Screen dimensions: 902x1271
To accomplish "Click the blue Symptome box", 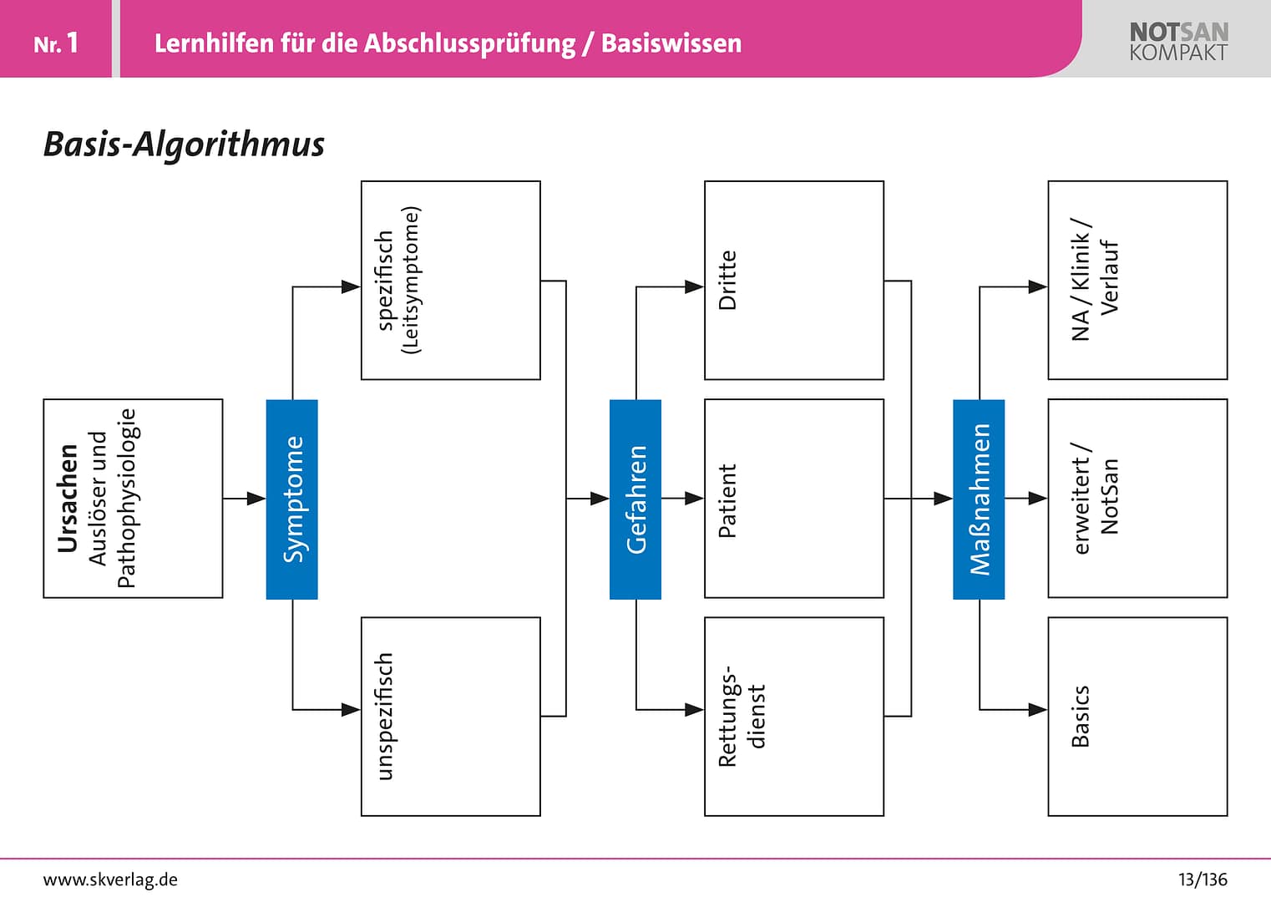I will (291, 499).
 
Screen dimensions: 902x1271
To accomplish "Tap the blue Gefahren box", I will (635, 499).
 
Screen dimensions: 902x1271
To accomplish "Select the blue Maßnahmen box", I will (979, 499).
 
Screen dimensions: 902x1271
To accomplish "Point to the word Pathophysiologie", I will (125, 499).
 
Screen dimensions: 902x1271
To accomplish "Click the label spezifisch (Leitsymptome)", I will (398, 281).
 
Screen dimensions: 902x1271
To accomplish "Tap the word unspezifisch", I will (384, 717).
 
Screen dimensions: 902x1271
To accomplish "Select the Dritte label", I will (727, 281).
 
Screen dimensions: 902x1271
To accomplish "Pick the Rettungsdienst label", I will (742, 717).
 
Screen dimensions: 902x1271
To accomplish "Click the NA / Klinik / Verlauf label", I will (1094, 281).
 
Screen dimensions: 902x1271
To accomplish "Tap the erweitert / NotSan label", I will (1096, 499).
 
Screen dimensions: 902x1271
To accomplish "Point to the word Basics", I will (1080, 717).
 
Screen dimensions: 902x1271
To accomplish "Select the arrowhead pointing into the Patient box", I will (695, 499).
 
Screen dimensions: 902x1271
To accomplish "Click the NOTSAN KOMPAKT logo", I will (1178, 42).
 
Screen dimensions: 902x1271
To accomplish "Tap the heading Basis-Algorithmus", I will (184, 144).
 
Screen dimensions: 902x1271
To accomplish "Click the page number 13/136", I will (1203, 879).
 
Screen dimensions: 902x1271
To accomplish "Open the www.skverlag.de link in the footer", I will (110, 879).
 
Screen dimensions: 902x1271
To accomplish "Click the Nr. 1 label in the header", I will (56, 43).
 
